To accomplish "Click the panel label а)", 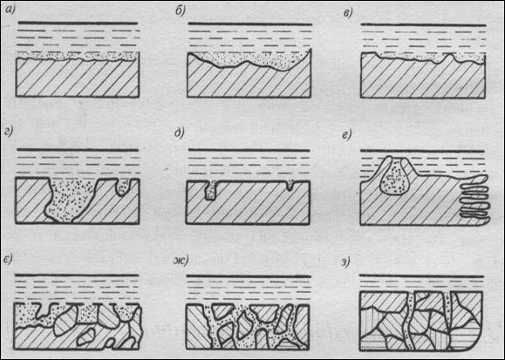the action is coord(11,10).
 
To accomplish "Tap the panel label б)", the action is coord(180,11).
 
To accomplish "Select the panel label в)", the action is coord(348,13).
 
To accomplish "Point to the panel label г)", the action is coord(9,132).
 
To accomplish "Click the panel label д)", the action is coord(179,133).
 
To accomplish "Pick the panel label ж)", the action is coord(181,261).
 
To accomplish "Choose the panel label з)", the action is coord(345,262).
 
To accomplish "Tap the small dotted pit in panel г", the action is coord(123,187).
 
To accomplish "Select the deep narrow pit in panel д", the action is coord(211,191).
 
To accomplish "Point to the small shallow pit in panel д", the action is coord(290,185).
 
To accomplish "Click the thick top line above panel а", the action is coord(78,24).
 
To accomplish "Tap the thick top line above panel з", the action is coord(421,276).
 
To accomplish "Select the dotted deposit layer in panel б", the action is coord(248,60).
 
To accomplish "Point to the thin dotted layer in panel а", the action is coord(78,56).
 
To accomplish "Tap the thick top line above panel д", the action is coord(249,150).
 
